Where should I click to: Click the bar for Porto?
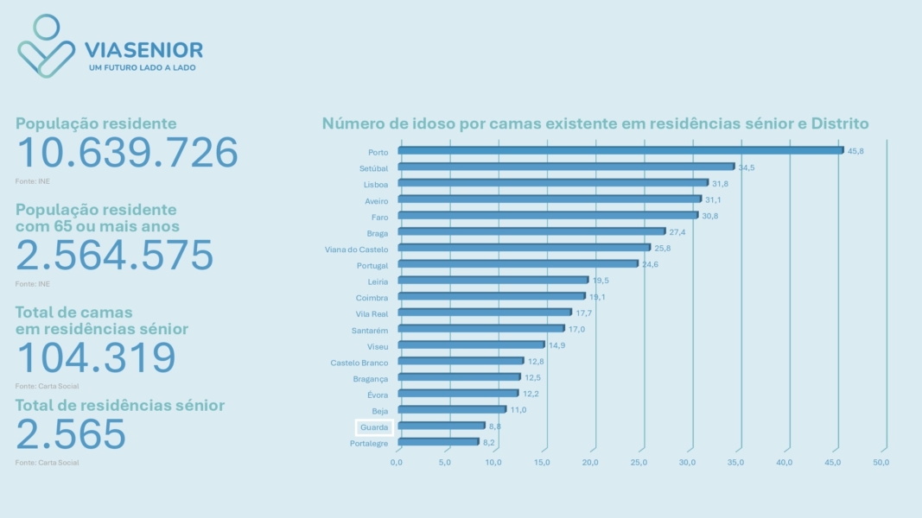tap(620, 150)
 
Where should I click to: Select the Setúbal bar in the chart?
tap(565, 167)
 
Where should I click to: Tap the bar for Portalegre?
tap(438, 442)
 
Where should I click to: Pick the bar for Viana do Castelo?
tap(524, 248)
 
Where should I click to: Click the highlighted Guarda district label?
tap(374, 427)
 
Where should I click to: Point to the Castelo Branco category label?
tap(359, 363)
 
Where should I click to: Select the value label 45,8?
tap(855, 151)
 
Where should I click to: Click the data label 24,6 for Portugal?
tap(651, 264)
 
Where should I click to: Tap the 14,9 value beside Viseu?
tap(557, 345)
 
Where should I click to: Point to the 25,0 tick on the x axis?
tap(639, 463)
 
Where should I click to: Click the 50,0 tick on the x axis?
tap(881, 463)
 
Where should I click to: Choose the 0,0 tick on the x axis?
tap(397, 463)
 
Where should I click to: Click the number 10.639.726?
tap(127, 153)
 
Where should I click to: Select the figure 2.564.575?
tap(115, 256)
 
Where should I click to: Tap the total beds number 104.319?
tap(96, 357)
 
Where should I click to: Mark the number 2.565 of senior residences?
tap(71, 434)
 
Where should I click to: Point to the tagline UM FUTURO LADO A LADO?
tap(143, 67)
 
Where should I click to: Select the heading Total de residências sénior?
tap(120, 406)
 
